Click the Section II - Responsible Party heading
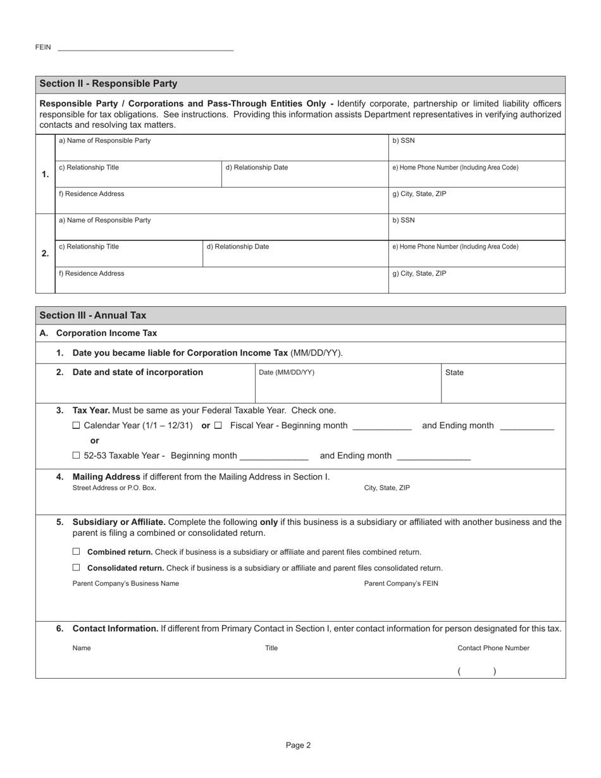point(108,84)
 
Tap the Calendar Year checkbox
point(77,426)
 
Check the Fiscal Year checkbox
point(218,426)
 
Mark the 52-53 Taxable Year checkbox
point(77,455)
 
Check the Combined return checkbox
point(77,552)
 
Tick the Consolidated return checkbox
point(77,567)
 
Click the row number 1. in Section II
point(45,175)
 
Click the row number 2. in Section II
point(45,254)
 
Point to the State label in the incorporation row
point(454,373)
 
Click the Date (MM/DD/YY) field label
point(287,373)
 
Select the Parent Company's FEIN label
point(400,584)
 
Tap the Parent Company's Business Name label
point(125,584)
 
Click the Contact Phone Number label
point(493,648)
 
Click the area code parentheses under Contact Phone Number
point(477,672)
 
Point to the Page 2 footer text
point(298,745)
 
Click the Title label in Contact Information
point(271,648)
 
